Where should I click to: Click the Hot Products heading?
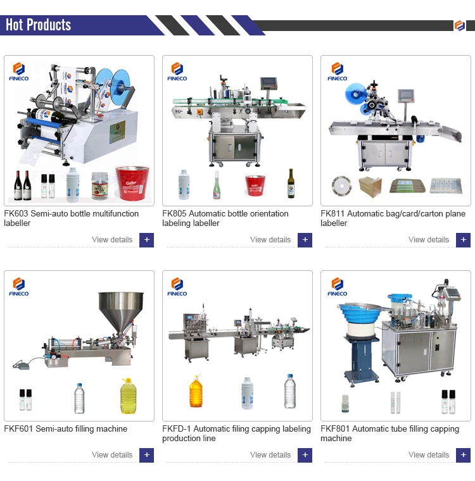click(x=39, y=25)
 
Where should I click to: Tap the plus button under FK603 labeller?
click(x=146, y=240)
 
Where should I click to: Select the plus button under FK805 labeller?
click(x=305, y=240)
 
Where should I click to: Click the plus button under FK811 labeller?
click(x=464, y=240)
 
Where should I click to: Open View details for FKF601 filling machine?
click(x=112, y=455)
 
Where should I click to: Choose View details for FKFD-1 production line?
click(x=270, y=455)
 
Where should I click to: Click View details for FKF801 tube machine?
click(x=429, y=455)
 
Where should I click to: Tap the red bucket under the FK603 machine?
click(x=132, y=183)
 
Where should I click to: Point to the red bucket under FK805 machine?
click(x=255, y=185)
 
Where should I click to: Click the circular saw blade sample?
click(x=341, y=186)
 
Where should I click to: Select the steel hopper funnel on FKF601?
click(x=121, y=311)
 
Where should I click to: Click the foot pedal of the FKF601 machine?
click(x=22, y=365)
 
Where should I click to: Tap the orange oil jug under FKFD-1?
click(x=196, y=391)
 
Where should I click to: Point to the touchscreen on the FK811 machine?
click(x=406, y=96)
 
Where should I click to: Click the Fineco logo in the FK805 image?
click(x=177, y=72)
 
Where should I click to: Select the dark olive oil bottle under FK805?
click(x=291, y=184)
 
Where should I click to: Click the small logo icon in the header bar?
click(x=459, y=25)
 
